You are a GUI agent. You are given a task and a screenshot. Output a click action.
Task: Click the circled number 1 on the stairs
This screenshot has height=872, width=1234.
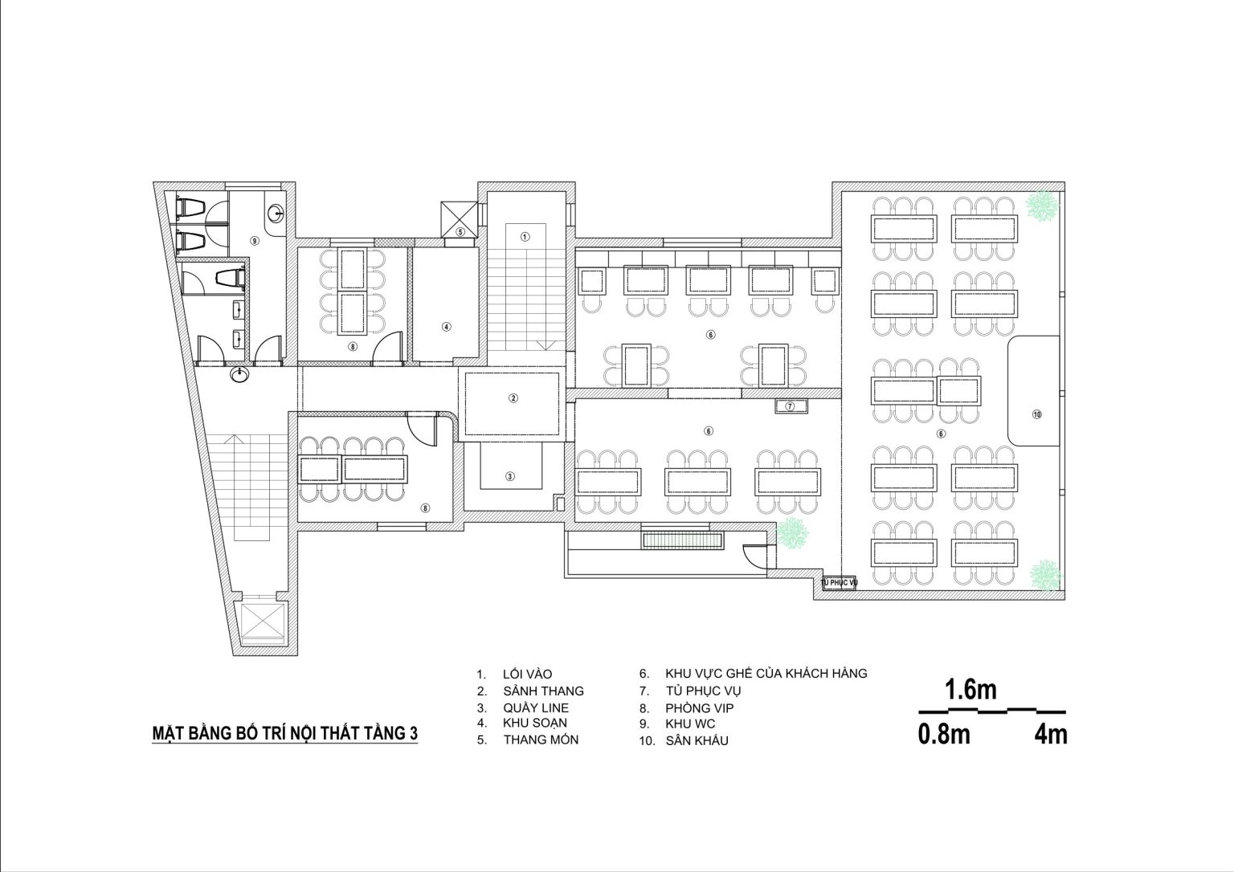[x=525, y=237]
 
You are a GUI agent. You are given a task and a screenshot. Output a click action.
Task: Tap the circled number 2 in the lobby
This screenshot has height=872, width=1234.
[x=513, y=398]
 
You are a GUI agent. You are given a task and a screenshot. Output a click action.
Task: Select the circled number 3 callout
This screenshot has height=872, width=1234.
[x=510, y=476]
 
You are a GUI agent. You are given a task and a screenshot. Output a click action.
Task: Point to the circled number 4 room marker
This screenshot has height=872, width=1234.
[x=446, y=327]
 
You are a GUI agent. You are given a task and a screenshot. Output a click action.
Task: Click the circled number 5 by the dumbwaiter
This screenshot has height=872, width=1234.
[x=460, y=232]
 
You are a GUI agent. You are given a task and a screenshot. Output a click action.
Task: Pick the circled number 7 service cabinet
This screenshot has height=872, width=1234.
[x=790, y=406]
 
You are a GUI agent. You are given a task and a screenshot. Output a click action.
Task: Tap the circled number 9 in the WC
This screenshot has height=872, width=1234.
[x=255, y=241]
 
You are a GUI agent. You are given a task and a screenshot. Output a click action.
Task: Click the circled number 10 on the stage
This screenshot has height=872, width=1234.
[x=1037, y=414]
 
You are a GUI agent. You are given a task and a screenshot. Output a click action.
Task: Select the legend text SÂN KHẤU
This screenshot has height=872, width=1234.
[x=697, y=741]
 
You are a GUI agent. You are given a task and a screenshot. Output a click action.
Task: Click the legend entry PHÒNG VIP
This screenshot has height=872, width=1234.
[x=700, y=708]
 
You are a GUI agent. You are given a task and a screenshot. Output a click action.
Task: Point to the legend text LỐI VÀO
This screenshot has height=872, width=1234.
[x=527, y=674]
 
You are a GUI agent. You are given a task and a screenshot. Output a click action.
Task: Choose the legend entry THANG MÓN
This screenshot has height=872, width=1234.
[x=541, y=740]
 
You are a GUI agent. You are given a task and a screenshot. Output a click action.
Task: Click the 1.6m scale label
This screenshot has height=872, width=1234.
[x=970, y=690]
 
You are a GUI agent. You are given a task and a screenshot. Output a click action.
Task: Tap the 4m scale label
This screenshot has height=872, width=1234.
[x=1051, y=735]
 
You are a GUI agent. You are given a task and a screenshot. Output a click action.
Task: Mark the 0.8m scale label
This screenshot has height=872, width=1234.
[x=944, y=735]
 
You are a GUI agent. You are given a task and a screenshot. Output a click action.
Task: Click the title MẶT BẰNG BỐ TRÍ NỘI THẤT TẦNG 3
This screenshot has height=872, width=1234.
[x=285, y=733]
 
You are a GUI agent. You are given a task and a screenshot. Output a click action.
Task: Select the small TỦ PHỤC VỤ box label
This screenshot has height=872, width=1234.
[x=840, y=582]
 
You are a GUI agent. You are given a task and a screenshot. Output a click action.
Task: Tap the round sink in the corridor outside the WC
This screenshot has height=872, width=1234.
[x=240, y=374]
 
